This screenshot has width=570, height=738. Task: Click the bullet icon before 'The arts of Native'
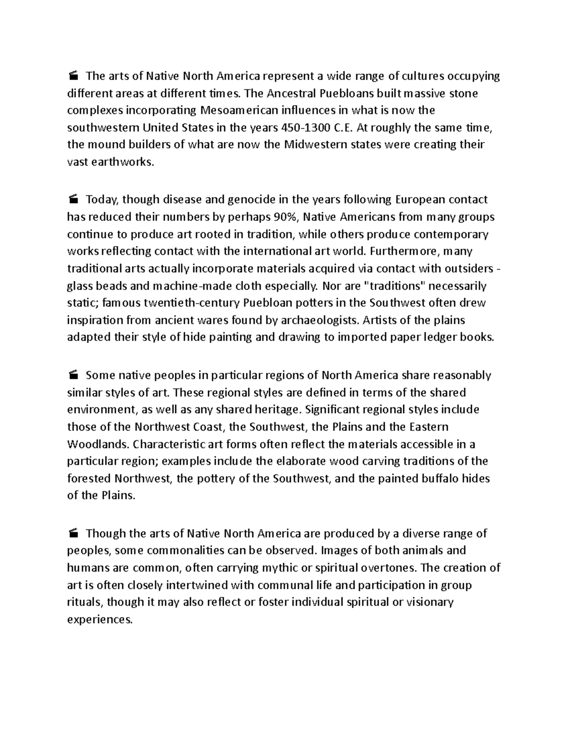[x=73, y=76]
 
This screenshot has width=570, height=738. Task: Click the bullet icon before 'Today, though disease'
[x=73, y=200]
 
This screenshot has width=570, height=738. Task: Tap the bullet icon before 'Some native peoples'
[x=73, y=375]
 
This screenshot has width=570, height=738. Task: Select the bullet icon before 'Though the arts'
[x=73, y=533]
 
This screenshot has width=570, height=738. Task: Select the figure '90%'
[x=286, y=217]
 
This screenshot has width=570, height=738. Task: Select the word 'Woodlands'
[x=97, y=444]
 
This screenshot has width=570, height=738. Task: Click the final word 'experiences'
[x=99, y=620]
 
